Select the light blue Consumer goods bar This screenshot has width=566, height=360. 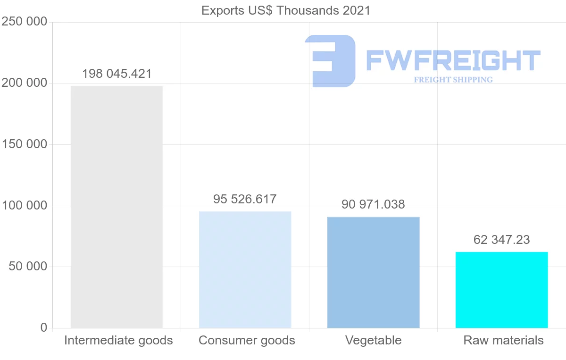click(245, 269)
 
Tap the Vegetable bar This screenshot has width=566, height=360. click(373, 272)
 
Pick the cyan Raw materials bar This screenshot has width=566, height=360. click(501, 290)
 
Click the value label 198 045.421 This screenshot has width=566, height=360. click(117, 74)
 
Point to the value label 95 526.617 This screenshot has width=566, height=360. click(245, 199)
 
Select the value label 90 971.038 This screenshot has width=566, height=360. click(373, 205)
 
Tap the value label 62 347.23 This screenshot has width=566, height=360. click(501, 240)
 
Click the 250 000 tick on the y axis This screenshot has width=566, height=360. click(25, 22)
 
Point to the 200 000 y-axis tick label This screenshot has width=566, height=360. click(25, 83)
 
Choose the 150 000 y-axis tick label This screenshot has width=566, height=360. click(25, 144)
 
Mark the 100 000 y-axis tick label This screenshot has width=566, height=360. click(25, 206)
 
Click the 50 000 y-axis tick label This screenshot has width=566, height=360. click(28, 267)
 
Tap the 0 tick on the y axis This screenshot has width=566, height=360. click(44, 327)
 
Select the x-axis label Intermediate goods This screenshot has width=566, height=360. click(118, 340)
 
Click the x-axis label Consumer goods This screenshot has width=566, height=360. click(247, 340)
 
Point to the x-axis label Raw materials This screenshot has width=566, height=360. click(503, 340)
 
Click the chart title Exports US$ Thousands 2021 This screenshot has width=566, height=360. click(286, 10)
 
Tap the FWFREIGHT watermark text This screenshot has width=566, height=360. click(453, 60)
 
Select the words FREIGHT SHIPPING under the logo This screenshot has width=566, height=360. click(453, 80)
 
